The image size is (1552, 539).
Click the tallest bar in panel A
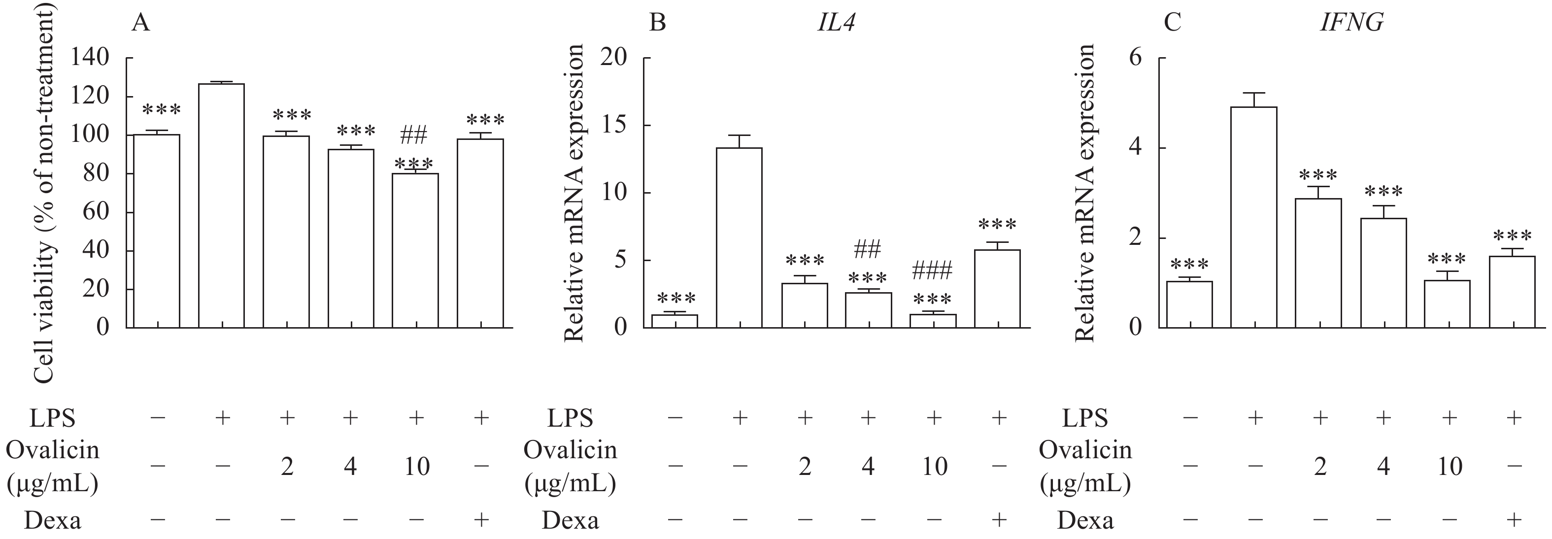tap(221, 205)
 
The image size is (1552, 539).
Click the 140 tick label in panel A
tap(90, 59)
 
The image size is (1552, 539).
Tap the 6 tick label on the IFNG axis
tap(1136, 59)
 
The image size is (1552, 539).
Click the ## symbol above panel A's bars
tap(414, 136)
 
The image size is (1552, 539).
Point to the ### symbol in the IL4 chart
tap(932, 271)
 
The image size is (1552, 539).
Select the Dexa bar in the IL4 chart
tap(997, 289)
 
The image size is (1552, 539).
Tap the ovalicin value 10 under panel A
tap(416, 467)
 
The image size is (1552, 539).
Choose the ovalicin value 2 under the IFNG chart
tap(1320, 467)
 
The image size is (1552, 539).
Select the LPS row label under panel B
tap(570, 417)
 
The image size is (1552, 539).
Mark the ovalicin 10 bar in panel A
tap(415, 250)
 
